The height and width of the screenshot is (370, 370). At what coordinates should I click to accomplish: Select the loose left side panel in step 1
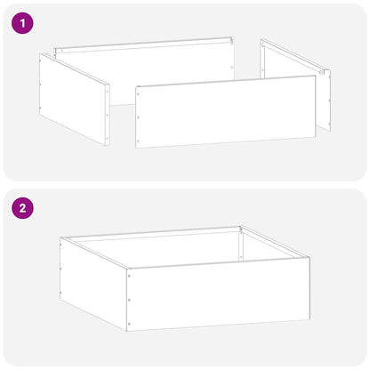(73, 98)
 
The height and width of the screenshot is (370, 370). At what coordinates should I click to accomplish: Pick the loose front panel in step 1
(226, 110)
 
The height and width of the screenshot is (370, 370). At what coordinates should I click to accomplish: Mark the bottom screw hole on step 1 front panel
(138, 141)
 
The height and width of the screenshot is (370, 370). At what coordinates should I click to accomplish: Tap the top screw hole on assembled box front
(128, 276)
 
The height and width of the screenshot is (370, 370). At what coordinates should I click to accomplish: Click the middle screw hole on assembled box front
(128, 299)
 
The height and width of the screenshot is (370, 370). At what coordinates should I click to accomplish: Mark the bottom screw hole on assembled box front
(128, 322)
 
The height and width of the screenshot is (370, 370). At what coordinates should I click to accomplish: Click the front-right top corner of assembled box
(309, 259)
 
